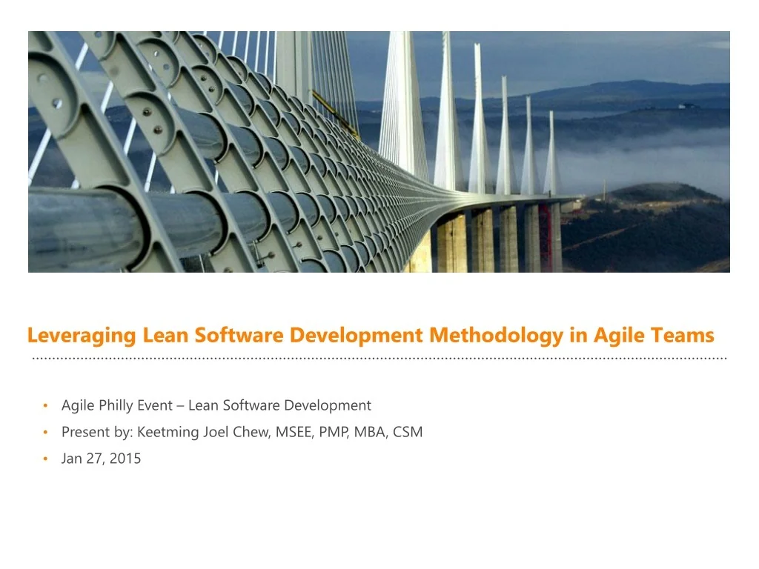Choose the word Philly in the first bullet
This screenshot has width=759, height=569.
point(115,405)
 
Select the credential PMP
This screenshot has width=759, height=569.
point(334,432)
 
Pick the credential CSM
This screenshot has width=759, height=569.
point(408,432)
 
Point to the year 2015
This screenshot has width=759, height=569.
point(125,459)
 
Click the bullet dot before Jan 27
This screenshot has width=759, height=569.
point(45,459)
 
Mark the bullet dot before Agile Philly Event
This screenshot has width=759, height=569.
point(45,405)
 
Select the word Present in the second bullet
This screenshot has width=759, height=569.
point(83,432)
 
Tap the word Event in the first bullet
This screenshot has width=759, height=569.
point(155,405)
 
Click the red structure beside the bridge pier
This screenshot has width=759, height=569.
point(546,237)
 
